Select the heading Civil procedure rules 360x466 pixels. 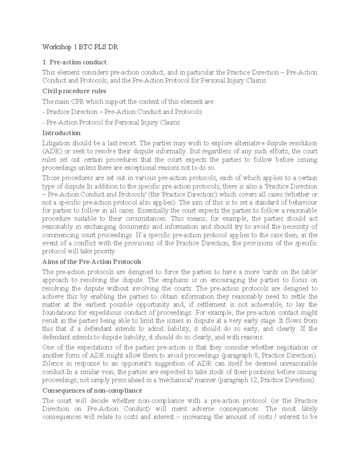pos(74,91)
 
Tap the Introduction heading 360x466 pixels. pos(61,133)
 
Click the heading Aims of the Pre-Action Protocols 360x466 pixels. pos(91,261)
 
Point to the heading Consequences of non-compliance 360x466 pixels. pos(92,390)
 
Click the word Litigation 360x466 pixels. pos(56,143)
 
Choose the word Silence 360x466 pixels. pos(52,364)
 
